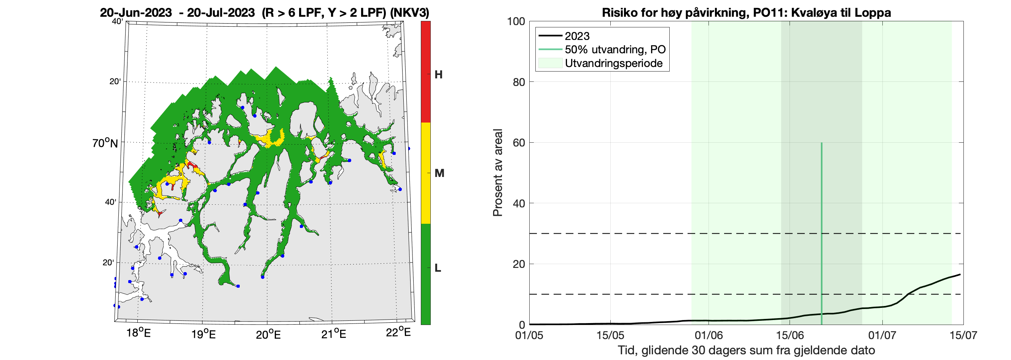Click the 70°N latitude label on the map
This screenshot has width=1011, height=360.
105,143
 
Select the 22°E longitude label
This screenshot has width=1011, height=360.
398,333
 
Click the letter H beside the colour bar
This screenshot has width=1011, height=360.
438,75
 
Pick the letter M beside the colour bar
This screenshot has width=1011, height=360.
439,173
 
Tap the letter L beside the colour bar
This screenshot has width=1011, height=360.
438,268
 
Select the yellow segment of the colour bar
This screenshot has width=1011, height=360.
425,173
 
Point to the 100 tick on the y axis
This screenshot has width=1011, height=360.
516,21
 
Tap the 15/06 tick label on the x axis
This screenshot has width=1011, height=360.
790,335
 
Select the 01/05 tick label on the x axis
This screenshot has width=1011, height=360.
529,335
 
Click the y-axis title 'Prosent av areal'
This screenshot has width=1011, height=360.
498,173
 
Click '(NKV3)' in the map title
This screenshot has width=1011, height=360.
409,13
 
